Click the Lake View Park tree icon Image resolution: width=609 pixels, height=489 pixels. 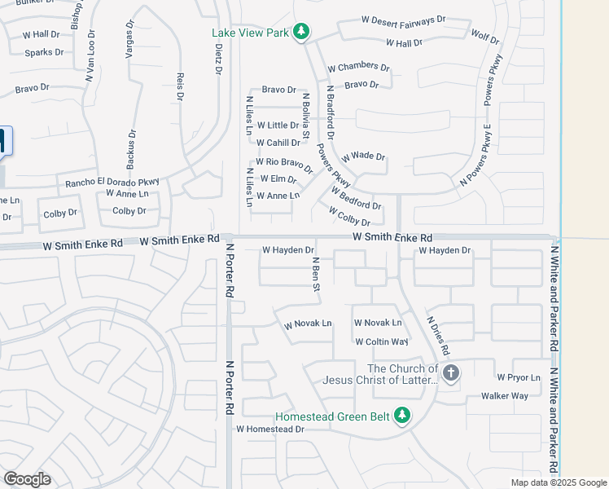(302, 32)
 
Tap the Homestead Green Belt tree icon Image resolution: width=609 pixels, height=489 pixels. (401, 416)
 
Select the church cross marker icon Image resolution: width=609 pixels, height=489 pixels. (451, 373)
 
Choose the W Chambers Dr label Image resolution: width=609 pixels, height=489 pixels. (358, 68)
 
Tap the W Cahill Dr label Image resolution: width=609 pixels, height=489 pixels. (278, 143)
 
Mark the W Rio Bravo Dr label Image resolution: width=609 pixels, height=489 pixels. (284, 164)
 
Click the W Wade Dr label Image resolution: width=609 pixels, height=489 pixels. (363, 156)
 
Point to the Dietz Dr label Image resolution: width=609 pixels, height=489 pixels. (218, 59)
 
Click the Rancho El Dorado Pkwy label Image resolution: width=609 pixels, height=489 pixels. (113, 182)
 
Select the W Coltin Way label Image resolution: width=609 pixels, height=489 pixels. (381, 342)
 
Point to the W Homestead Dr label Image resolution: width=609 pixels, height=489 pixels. (270, 429)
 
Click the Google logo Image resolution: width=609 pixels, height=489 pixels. (27, 479)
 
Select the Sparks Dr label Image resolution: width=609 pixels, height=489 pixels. (44, 53)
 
